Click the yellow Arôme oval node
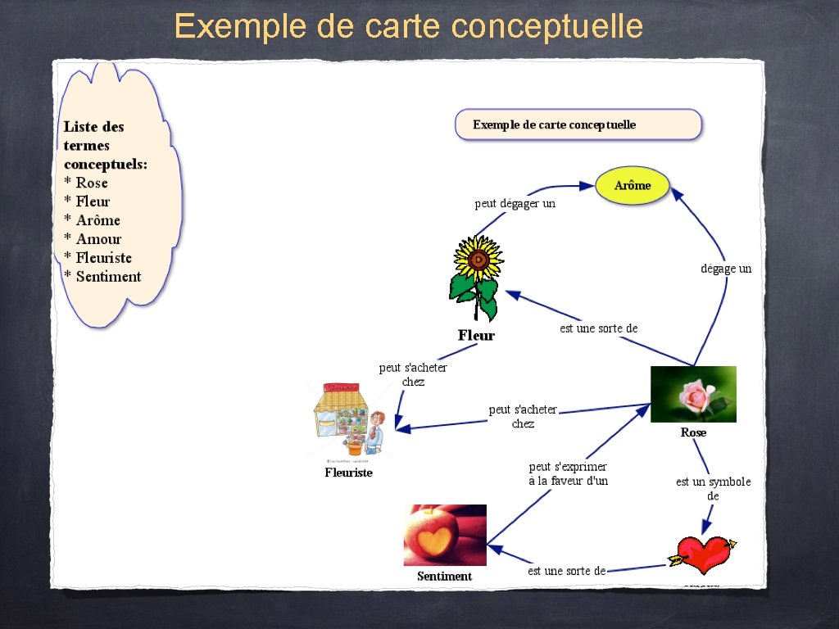(633, 185)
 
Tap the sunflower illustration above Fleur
(475, 278)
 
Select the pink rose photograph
(693, 394)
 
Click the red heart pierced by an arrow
(704, 554)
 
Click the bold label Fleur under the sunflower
(476, 335)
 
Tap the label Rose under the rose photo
(693, 432)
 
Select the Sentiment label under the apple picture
(444, 576)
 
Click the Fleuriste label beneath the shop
(348, 473)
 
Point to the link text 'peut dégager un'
(515, 203)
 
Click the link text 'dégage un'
(726, 269)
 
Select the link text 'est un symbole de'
(713, 489)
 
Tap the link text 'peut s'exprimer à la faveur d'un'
(569, 474)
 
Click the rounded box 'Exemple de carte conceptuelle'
(578, 124)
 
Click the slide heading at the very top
(408, 26)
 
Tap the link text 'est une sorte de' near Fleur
(598, 328)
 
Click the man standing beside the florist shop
(375, 432)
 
